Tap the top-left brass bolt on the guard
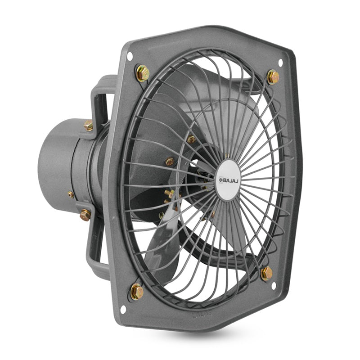coord(142,73)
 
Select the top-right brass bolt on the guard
coord(273,77)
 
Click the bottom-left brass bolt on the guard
coord(137,292)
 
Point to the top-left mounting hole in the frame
coord(130,57)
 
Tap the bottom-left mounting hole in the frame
coord(123,309)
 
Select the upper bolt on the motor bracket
coord(88,125)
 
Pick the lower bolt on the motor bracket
coord(85,215)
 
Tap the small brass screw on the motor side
coord(71,194)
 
